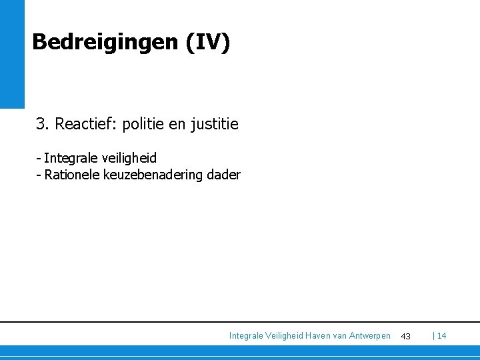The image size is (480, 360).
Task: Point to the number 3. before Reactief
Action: pos(43,124)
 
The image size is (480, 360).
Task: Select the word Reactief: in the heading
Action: pos(86,124)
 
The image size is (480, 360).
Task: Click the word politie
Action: pos(144,124)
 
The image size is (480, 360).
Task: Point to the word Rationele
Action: pos(72,175)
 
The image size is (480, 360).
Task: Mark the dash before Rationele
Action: pos(39,175)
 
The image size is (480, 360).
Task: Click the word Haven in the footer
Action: pos(318,336)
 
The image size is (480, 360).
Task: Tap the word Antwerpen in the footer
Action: pos(370,336)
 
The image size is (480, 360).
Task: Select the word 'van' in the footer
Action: pos(341,336)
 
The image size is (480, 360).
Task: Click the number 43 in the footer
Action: pos(405,337)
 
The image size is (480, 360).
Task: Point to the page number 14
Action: pos(442,336)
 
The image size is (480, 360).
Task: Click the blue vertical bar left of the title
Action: pos(12,53)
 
